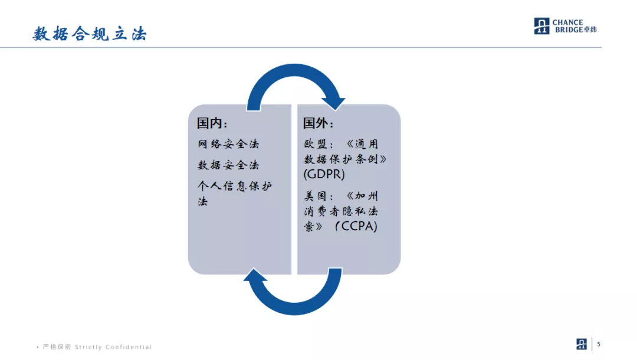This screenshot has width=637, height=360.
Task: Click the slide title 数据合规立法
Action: click(x=90, y=34)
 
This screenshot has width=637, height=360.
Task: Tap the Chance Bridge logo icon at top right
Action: click(x=541, y=26)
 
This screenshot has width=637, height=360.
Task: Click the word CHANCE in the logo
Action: click(x=567, y=22)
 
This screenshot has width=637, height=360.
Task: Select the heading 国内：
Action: click(x=212, y=123)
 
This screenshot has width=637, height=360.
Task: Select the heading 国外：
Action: click(x=318, y=123)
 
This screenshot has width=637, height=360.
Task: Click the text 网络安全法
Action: click(x=228, y=144)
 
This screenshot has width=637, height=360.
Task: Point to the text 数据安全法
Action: click(x=228, y=165)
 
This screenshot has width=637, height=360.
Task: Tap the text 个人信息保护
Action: click(x=235, y=186)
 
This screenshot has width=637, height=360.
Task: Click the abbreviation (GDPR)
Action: click(x=324, y=175)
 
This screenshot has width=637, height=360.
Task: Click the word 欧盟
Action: click(x=313, y=144)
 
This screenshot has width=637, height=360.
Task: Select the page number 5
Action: click(x=599, y=345)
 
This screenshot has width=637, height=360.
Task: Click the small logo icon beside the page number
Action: click(x=582, y=344)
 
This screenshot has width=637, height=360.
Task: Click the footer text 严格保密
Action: click(x=57, y=347)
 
